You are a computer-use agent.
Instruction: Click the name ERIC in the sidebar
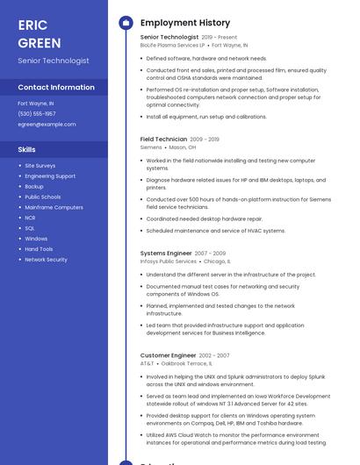[32, 25]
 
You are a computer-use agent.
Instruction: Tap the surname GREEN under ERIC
[40, 43]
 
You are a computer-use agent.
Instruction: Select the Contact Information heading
[56, 88]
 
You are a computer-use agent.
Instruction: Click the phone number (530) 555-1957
[37, 114]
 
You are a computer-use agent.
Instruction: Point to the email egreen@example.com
[47, 125]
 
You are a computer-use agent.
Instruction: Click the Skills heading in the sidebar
[27, 150]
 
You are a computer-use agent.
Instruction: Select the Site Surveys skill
[40, 166]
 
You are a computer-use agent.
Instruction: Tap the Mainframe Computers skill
[54, 207]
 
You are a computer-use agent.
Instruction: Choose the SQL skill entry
[30, 228]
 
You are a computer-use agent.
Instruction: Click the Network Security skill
[46, 260]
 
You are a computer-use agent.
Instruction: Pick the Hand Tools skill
[39, 249]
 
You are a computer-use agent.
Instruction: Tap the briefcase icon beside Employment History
[126, 22]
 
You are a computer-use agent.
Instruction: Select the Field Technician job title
[163, 139]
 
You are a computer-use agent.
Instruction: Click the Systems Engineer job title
[166, 254]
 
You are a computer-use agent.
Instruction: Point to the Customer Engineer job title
[168, 355]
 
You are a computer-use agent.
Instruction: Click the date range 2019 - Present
[220, 38]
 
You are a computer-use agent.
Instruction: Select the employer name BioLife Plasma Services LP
[173, 45]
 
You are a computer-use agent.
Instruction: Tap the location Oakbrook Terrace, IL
[186, 363]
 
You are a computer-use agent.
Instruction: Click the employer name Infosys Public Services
[169, 261]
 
